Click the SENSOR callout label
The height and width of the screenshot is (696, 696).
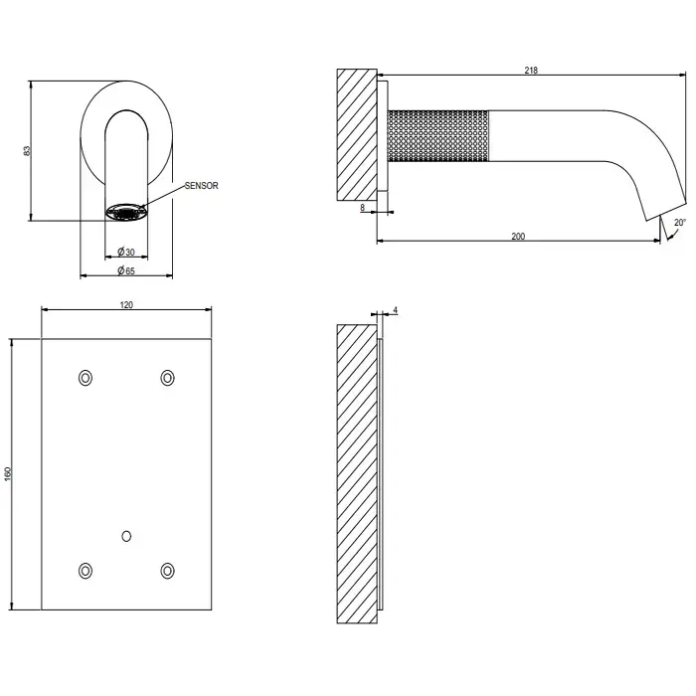[x=202, y=186]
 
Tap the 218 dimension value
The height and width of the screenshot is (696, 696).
[x=531, y=71]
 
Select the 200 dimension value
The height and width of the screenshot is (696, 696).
[x=518, y=237]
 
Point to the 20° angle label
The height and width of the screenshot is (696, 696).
[x=680, y=223]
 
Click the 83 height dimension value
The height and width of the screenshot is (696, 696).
[x=27, y=150]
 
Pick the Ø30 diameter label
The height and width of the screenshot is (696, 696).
[x=126, y=252]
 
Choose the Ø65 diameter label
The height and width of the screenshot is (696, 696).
[x=126, y=270]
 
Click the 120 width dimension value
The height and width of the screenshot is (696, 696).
[x=126, y=305]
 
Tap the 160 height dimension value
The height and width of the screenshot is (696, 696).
[x=8, y=473]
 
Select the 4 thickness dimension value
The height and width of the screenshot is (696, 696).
[x=396, y=310]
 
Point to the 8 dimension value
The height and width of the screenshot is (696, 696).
[x=363, y=207]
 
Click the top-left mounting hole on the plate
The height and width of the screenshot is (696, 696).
[x=86, y=378]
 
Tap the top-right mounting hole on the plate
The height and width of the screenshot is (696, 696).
[x=167, y=378]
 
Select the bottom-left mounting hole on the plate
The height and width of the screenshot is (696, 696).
[x=86, y=571]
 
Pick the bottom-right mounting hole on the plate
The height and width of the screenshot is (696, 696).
[x=167, y=571]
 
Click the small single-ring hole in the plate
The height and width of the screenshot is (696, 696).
[x=126, y=536]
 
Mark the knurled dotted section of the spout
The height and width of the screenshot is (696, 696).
[x=438, y=136]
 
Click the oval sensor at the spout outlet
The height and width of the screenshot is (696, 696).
[x=126, y=212]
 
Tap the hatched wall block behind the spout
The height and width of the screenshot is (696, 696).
[x=357, y=134]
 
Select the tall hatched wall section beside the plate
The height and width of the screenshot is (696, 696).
[x=357, y=473]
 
